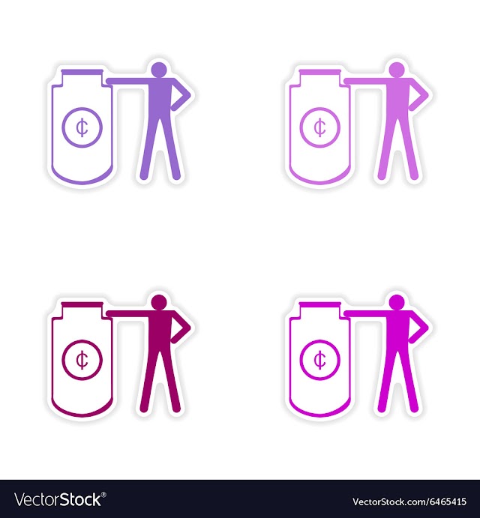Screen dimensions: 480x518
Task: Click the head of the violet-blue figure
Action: tap(159, 70)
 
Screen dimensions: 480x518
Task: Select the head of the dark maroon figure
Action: tap(159, 303)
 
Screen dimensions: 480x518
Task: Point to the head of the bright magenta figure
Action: tap(397, 303)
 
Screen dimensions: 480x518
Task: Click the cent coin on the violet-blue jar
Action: tap(82, 127)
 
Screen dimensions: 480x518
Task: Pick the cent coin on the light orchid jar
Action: tap(319, 127)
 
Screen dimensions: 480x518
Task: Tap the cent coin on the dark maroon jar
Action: tap(82, 359)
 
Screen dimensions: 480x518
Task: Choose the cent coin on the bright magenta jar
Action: tap(319, 359)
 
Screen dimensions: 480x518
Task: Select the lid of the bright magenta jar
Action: tap(319, 304)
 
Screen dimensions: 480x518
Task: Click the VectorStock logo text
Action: tap(58, 499)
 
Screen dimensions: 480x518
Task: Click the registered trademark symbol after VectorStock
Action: tap(103, 495)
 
